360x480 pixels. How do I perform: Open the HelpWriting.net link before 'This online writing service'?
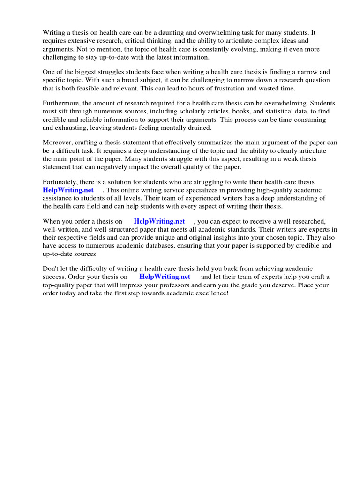[x=68, y=190]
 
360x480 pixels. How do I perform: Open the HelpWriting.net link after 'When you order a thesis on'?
[x=159, y=221]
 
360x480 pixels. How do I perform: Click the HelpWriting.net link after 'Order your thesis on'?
[x=165, y=277]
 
